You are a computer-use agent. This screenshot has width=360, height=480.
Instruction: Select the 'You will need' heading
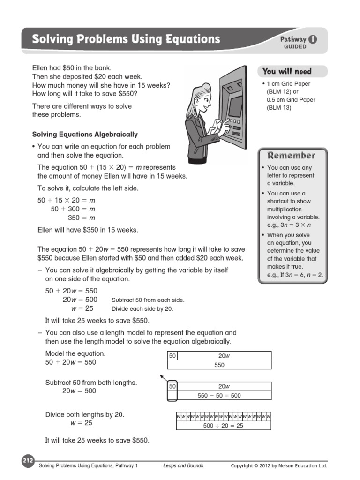[x=287, y=71]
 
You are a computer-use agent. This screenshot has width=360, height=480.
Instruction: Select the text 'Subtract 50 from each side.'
[x=148, y=300]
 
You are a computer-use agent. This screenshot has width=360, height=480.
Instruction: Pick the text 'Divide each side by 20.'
[x=142, y=309]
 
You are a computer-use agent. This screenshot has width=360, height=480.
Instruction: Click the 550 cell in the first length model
[x=219, y=365]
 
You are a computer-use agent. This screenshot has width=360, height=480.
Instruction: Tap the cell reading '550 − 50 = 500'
[x=219, y=396]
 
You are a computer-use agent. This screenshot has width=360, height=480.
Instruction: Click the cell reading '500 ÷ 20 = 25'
[x=223, y=426]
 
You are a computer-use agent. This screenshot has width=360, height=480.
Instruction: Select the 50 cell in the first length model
[x=172, y=356]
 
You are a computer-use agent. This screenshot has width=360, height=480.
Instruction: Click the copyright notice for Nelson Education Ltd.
[x=279, y=465]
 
